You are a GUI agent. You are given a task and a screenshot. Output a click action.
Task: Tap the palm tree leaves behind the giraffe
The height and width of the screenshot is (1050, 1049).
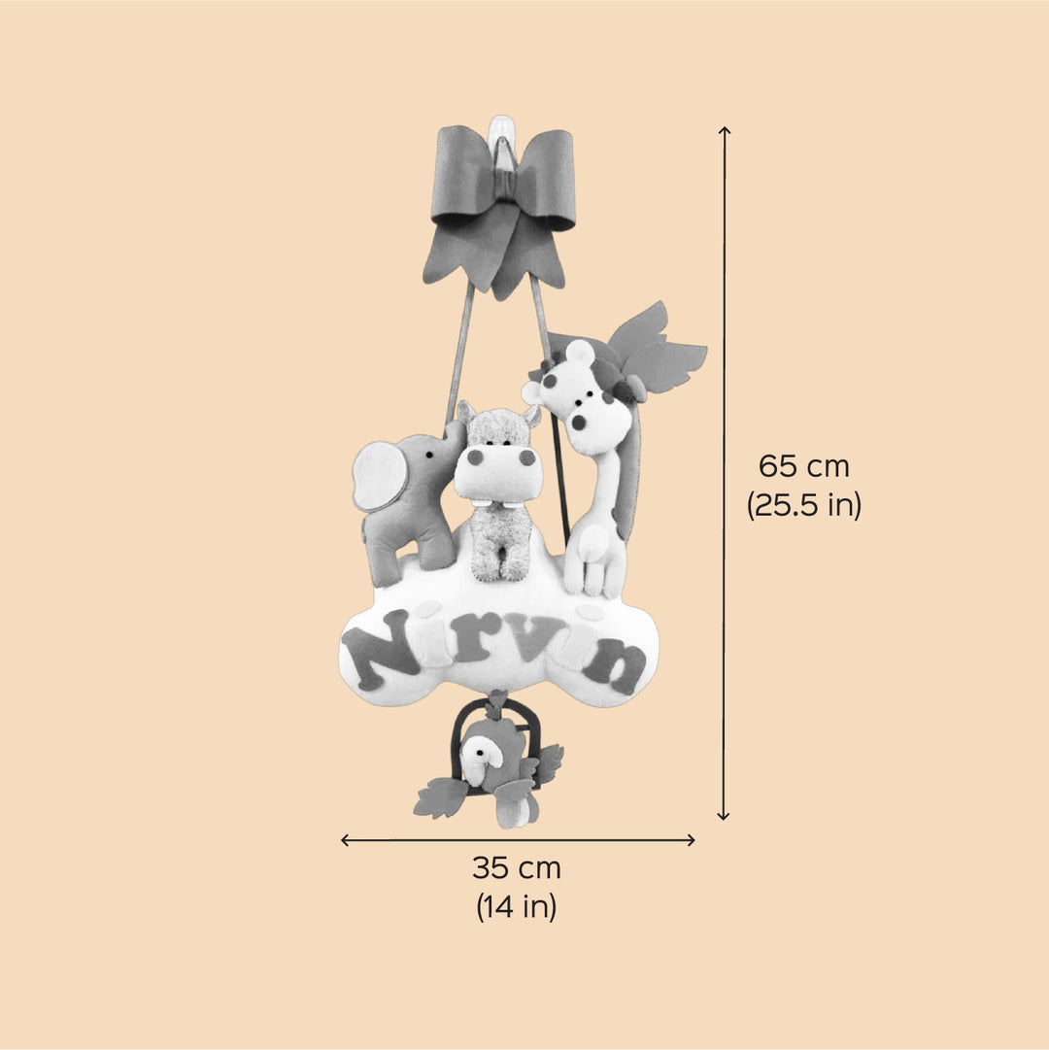click(x=653, y=348)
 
